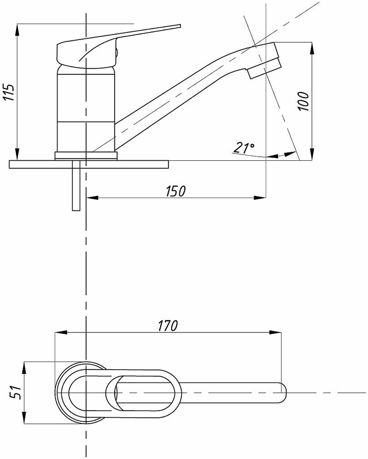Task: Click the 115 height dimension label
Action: (10, 92)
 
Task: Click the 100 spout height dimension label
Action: (303, 101)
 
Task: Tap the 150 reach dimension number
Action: (176, 191)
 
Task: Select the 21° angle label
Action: (244, 148)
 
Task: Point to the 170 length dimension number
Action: (168, 326)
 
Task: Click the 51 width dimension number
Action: (15, 392)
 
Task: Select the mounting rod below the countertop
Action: (76, 185)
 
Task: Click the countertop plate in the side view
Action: (89, 164)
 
